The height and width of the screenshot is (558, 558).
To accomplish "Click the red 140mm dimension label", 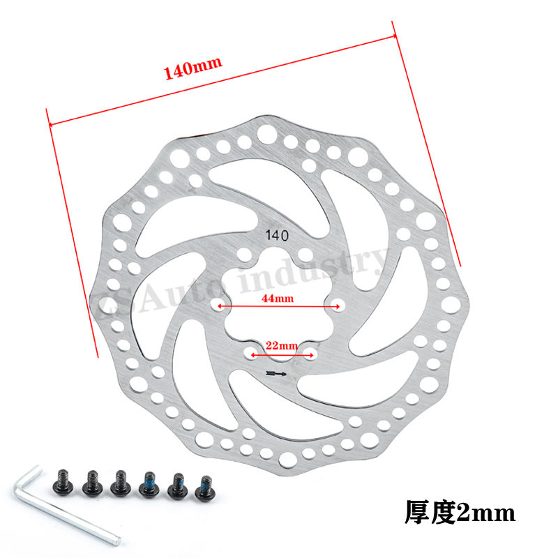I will [193, 68].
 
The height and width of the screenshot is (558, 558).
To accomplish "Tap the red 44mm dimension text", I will [278, 298].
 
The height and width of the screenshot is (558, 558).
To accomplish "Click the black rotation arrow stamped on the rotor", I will [276, 375].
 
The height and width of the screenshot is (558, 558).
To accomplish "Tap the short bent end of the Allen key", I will [21, 481].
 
